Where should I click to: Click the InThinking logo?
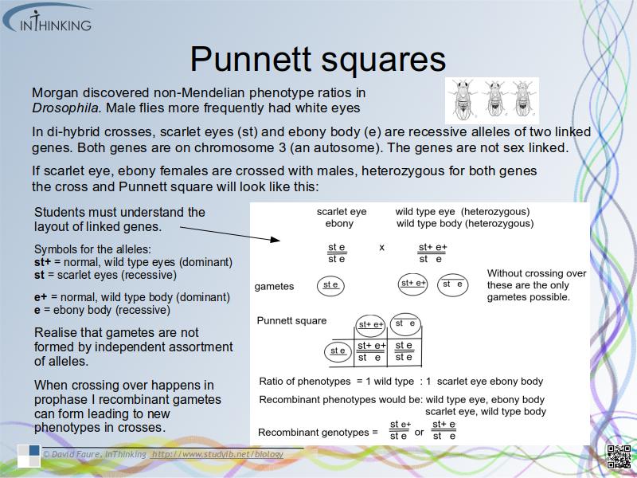[48, 18]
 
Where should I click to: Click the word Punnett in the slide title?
[251, 59]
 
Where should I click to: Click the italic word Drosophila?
[65, 108]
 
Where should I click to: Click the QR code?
[619, 456]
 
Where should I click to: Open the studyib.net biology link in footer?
[217, 454]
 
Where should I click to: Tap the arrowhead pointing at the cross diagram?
[275, 240]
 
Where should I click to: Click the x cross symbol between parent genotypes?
[381, 247]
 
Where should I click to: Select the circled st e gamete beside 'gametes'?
[330, 285]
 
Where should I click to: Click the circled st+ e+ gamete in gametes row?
[412, 284]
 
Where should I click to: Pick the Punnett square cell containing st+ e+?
[371, 351]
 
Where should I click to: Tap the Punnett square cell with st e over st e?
[404, 351]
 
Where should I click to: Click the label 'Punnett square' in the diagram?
[291, 321]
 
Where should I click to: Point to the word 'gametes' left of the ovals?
[274, 287]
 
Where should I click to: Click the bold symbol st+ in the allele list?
[43, 262]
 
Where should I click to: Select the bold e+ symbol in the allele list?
[41, 297]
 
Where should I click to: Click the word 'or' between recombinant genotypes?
[419, 432]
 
